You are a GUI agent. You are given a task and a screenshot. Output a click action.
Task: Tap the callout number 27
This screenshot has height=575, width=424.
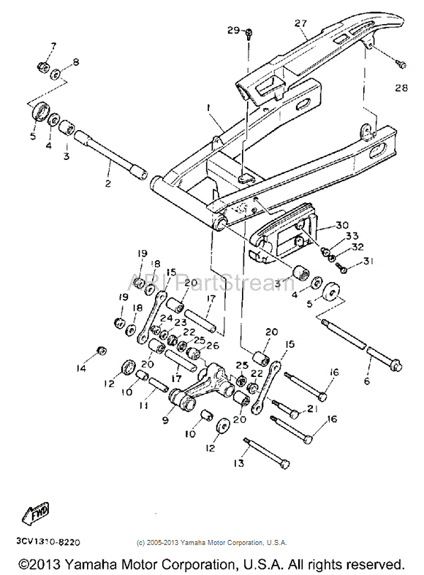[300, 23]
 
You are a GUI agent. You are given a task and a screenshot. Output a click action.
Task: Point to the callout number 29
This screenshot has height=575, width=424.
[232, 30]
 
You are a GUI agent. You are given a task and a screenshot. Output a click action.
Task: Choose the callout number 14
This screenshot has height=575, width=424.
[81, 368]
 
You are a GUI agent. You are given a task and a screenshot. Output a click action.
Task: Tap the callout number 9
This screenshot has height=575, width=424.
[164, 420]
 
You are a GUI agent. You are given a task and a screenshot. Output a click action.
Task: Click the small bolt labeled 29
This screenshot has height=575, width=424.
[250, 33]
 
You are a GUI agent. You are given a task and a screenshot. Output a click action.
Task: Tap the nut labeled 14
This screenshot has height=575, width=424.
[102, 349]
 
